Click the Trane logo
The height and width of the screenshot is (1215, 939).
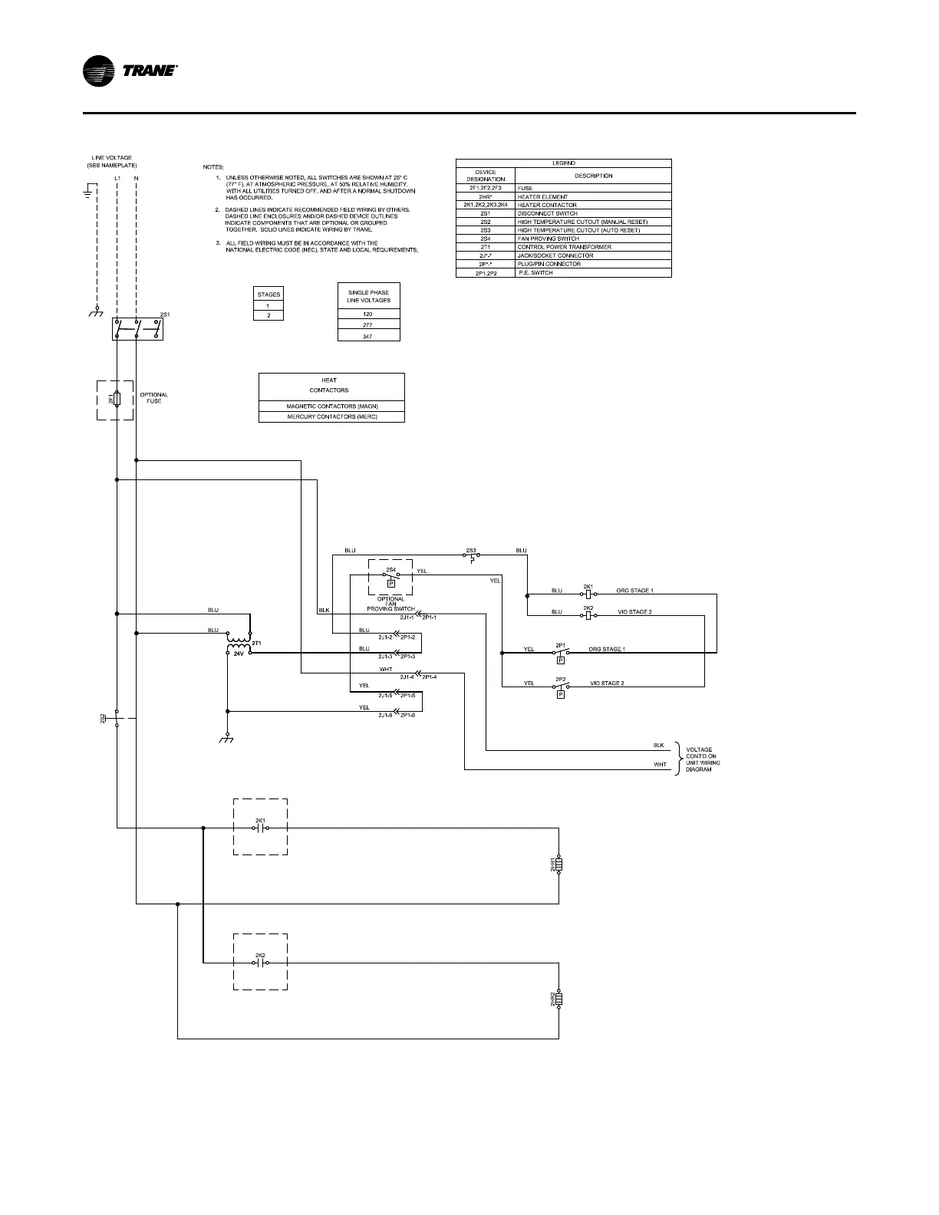pyautogui.click(x=130, y=71)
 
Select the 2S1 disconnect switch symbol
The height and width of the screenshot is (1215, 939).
pyautogui.click(x=137, y=329)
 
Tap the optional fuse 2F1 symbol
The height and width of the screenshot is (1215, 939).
pyautogui.click(x=116, y=399)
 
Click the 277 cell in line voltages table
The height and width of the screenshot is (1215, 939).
pyautogui.click(x=368, y=325)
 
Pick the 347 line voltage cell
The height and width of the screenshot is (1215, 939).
pyautogui.click(x=368, y=337)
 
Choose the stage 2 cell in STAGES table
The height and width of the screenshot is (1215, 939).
pyautogui.click(x=269, y=315)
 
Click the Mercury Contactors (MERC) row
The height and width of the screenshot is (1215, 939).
pyautogui.click(x=331, y=417)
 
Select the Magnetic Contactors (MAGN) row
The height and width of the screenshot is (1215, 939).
pyautogui.click(x=331, y=406)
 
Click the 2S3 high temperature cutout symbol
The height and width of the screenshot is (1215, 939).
pyautogui.click(x=471, y=555)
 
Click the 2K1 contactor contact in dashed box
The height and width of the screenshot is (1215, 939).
pyautogui.click(x=260, y=828)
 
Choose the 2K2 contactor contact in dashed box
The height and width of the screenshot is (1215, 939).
pyautogui.click(x=260, y=963)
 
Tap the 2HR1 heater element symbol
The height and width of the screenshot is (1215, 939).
pyautogui.click(x=559, y=865)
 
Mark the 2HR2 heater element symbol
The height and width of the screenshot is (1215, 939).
pyautogui.click(x=559, y=1000)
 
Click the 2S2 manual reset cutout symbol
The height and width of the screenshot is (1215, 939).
pyautogui.click(x=116, y=719)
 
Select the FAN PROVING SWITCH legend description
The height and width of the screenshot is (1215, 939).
pyautogui.click(x=548, y=239)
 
